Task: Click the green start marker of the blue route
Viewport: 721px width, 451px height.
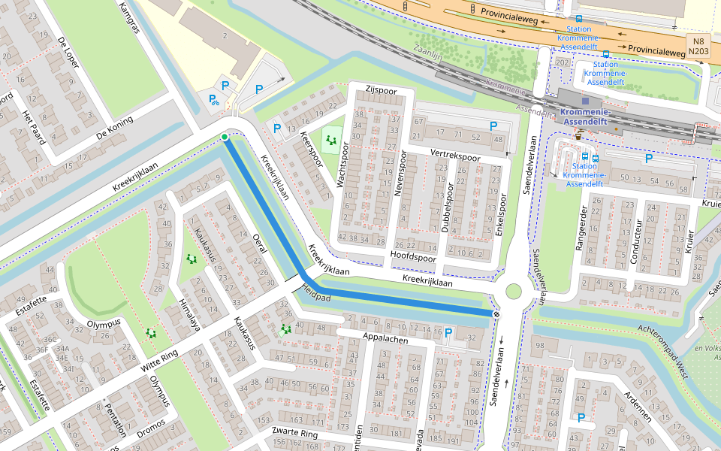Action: pyautogui.click(x=224, y=137)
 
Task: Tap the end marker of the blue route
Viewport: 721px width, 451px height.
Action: pyautogui.click(x=496, y=313)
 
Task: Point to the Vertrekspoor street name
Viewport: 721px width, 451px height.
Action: pyautogui.click(x=454, y=156)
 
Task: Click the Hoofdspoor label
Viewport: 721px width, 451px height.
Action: pyautogui.click(x=413, y=257)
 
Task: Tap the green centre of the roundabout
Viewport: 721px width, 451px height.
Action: pyautogui.click(x=514, y=292)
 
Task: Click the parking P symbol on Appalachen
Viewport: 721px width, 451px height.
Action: pyautogui.click(x=448, y=332)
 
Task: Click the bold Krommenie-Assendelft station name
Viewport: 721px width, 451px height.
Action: pyautogui.click(x=587, y=116)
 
